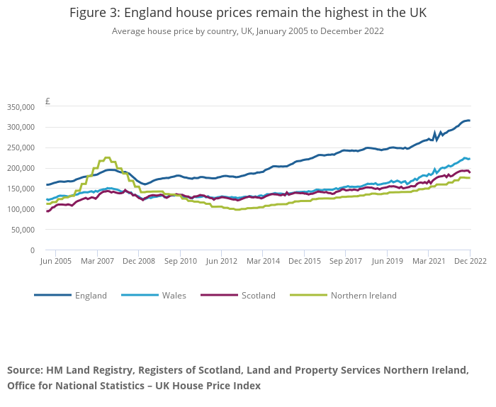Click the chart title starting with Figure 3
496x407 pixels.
[x=248, y=13]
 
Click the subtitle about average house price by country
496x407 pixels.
[x=248, y=31]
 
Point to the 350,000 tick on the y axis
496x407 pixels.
[x=20, y=107]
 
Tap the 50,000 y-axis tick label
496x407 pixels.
[x=22, y=230]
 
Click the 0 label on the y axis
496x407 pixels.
[x=32, y=250]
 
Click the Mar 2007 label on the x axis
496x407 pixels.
[x=97, y=262]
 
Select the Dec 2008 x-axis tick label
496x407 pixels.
[x=139, y=262]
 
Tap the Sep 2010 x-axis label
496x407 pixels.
[x=180, y=262]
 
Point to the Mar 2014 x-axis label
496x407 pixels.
[x=263, y=262]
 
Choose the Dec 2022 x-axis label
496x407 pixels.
[x=470, y=262]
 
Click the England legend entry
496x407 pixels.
[x=91, y=296]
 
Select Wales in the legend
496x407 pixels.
[x=174, y=296]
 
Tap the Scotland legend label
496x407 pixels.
[x=258, y=296]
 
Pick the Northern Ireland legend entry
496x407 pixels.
[x=363, y=296]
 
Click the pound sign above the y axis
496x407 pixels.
[x=47, y=101]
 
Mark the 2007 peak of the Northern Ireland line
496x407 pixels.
[x=107, y=157]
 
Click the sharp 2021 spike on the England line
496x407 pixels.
[x=435, y=133]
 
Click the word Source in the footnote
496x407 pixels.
[x=24, y=370]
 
